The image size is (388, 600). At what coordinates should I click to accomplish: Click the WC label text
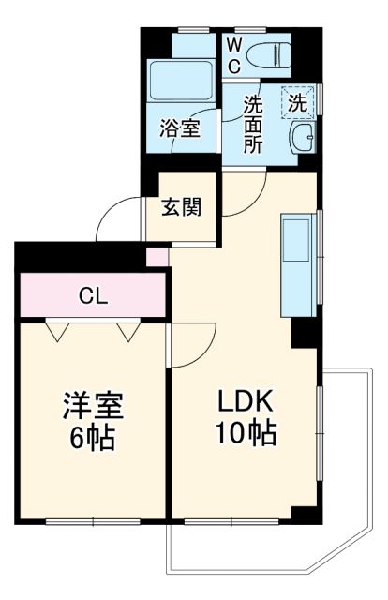click(x=233, y=53)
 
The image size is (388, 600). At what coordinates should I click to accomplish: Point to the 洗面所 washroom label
click(x=253, y=125)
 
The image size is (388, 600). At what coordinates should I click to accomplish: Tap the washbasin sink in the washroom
click(x=305, y=142)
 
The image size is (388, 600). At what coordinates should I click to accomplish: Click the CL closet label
click(x=93, y=297)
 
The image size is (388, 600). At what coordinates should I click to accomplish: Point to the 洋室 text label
click(x=94, y=407)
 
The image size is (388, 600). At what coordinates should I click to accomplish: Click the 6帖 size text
click(x=94, y=438)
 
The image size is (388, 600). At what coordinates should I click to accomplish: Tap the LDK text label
click(x=245, y=401)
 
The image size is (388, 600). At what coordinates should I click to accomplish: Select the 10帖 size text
click(x=246, y=433)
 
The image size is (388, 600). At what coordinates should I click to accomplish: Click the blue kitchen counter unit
click(x=300, y=265)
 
